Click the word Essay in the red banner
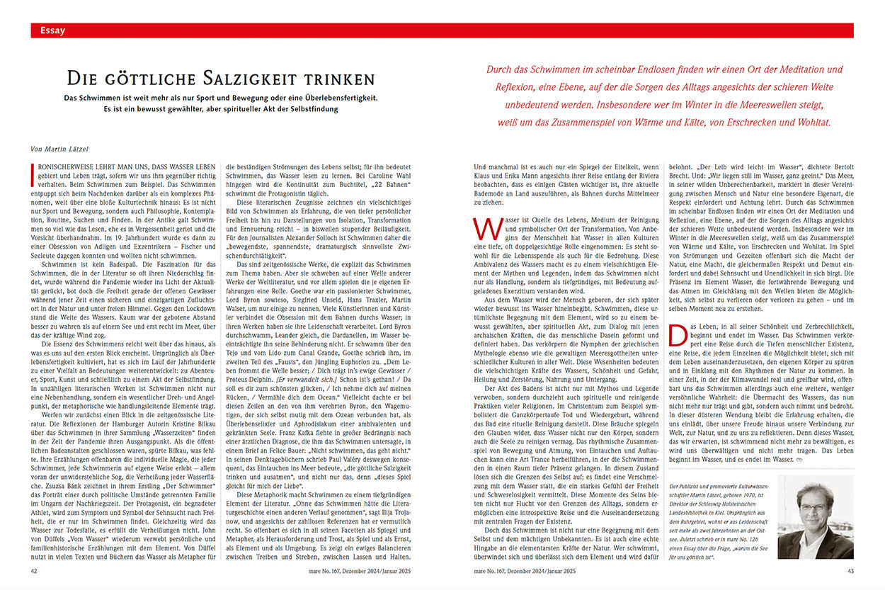(x=53, y=30)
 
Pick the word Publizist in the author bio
(x=698, y=480)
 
